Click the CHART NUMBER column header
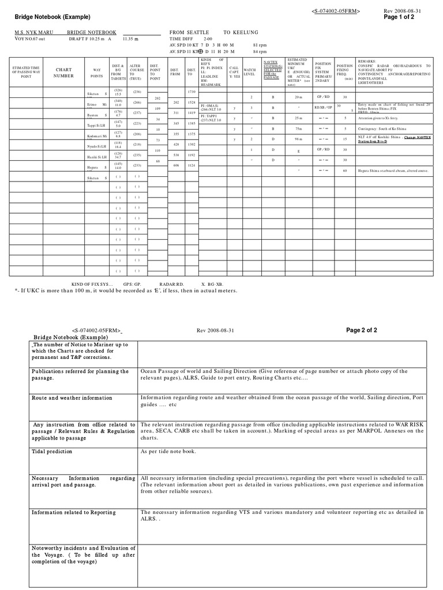coord(63,72)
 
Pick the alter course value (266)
coord(137,102)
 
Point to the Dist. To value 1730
coord(192,92)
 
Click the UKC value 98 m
coord(298,139)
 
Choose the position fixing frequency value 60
coord(344,171)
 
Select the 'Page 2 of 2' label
coord(362,330)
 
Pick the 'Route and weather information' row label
coord(72,398)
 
